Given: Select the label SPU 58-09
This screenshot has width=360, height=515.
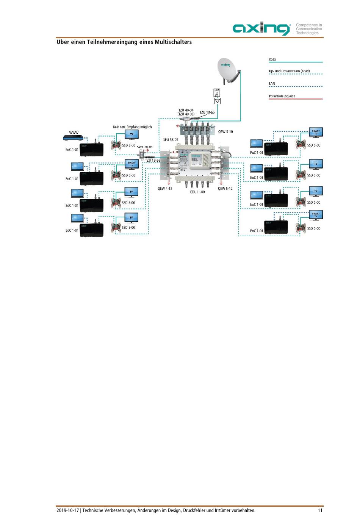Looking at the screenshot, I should point(171,140).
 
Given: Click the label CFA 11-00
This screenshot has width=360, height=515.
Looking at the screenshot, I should point(197,192).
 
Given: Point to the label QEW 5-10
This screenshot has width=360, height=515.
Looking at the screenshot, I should point(225,132).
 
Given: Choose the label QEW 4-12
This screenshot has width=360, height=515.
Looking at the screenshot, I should point(165,188).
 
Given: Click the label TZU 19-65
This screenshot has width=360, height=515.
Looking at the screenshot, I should point(207,112).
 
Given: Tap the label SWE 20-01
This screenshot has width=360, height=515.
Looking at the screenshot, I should point(145,147).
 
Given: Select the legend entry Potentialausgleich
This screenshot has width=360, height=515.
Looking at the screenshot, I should point(282,96).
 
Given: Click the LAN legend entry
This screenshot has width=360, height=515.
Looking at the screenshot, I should point(272,84).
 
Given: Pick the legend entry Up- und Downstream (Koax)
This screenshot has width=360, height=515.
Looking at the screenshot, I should point(289,71).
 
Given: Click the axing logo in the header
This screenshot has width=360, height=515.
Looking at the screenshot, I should point(261,29).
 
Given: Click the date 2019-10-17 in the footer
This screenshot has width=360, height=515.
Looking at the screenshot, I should point(68,510).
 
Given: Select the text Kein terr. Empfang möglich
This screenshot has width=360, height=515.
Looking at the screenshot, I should point(132,127).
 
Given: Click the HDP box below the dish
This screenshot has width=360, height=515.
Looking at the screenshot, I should point(217,92).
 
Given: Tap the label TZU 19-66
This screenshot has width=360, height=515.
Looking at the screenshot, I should point(153,161).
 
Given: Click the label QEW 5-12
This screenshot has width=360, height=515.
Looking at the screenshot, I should point(225,188).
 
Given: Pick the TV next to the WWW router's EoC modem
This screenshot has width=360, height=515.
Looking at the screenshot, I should point(131,135).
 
